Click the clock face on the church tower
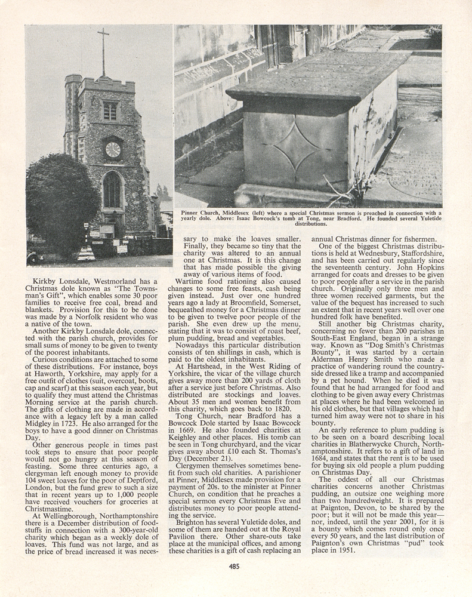(x=113, y=149)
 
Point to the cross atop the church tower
(x=103, y=51)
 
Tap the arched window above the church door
(x=112, y=190)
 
